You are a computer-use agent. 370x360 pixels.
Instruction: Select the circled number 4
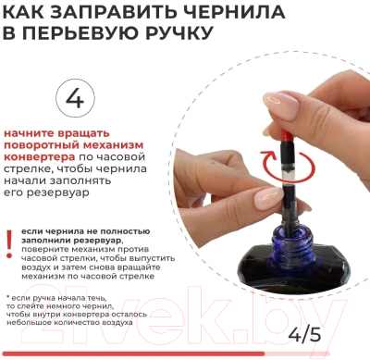(x=75, y=98)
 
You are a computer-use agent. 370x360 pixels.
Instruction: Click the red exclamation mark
(x=9, y=244)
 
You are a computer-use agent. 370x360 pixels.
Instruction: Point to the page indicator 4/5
(x=304, y=334)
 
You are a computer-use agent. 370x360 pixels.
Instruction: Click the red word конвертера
(x=39, y=156)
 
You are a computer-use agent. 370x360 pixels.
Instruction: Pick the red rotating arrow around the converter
(x=288, y=165)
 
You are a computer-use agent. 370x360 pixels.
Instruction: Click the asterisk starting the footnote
(x=8, y=297)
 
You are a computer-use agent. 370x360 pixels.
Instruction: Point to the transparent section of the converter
(x=287, y=176)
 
